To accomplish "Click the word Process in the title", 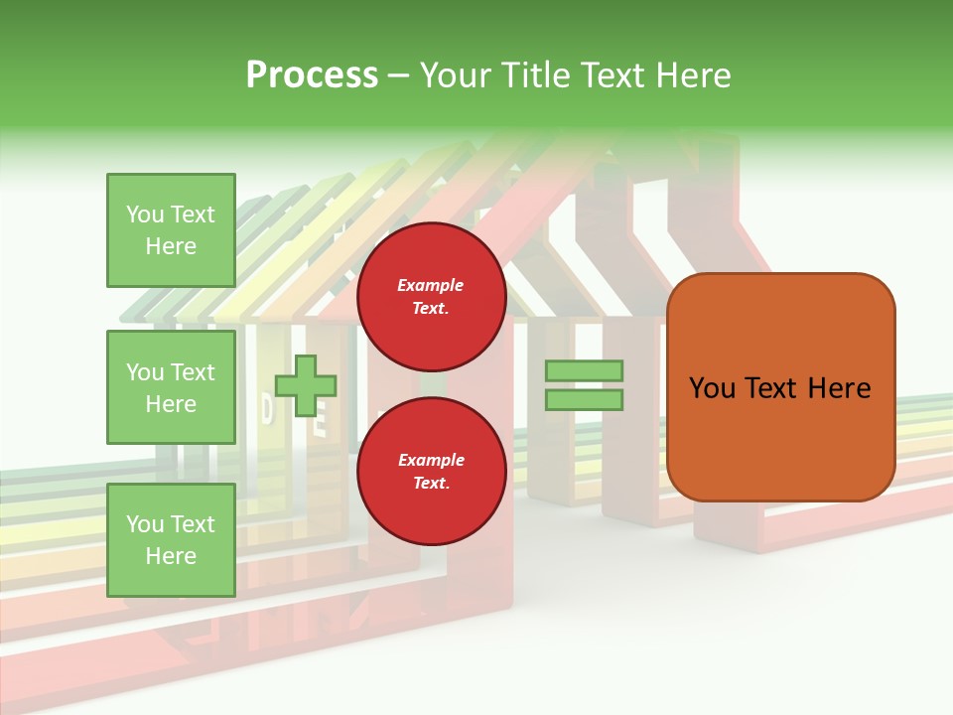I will pyautogui.click(x=312, y=75).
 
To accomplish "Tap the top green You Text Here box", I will pyautogui.click(x=171, y=230).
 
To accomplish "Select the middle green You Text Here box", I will pyautogui.click(x=171, y=387).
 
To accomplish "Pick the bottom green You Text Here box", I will pyautogui.click(x=171, y=540).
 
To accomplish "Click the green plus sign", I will pyautogui.click(x=306, y=384).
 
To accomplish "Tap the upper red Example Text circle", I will pyautogui.click(x=431, y=297).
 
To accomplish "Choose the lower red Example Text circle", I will pyautogui.click(x=431, y=472).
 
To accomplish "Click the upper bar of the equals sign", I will pyautogui.click(x=584, y=370).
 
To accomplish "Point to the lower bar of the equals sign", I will pyautogui.click(x=584, y=400).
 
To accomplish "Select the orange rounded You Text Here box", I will pyautogui.click(x=780, y=387).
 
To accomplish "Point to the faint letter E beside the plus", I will pyautogui.click(x=320, y=429).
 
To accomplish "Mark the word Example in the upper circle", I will pyautogui.click(x=431, y=285).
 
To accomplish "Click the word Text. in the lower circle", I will pyautogui.click(x=431, y=484).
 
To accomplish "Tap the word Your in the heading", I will pyautogui.click(x=454, y=75).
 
